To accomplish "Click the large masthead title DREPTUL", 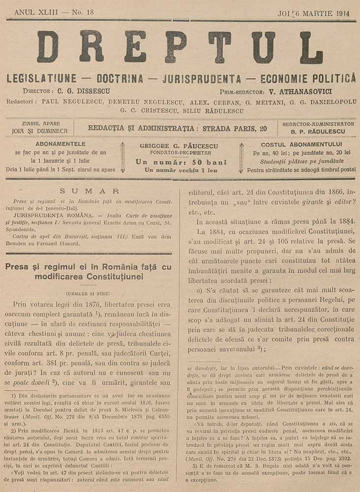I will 180,47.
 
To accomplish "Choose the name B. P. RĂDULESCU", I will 318,132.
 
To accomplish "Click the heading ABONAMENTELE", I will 61,144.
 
